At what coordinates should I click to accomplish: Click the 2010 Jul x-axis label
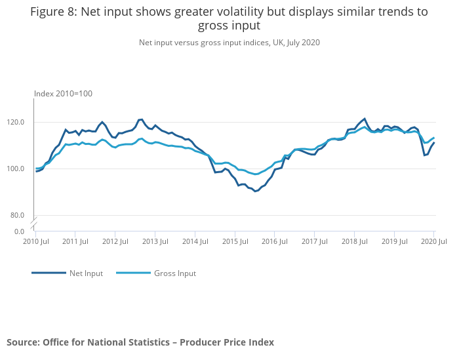35,243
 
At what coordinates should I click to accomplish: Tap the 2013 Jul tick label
155,243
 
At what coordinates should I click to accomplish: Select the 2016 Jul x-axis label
274,243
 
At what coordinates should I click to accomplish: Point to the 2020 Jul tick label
433,243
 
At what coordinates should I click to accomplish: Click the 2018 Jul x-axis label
354,243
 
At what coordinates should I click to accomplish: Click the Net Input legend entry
86,273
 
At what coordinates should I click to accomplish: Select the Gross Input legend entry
174,273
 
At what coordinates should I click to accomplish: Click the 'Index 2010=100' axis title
63,94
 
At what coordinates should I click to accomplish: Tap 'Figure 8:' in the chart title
54,12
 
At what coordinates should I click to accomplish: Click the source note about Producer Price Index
140,342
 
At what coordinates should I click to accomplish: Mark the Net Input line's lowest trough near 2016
255,191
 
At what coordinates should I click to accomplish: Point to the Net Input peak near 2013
141,119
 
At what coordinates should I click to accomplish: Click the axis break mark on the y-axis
33,224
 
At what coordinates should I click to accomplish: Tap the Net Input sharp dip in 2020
424,155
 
